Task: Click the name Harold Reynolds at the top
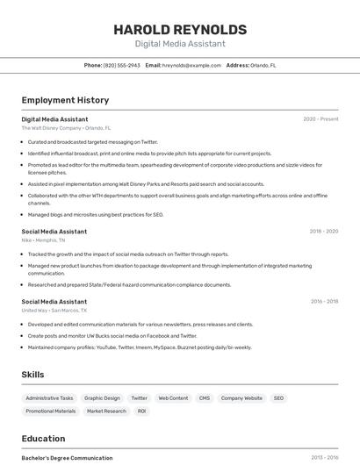tap(180, 29)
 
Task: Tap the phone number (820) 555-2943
tap(121, 65)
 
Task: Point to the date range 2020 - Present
tap(320, 118)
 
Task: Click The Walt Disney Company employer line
tap(66, 128)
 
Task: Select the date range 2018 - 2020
tap(323, 231)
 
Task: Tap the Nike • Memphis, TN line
tap(43, 240)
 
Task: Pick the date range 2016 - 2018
tap(324, 301)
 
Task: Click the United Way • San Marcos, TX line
tap(54, 310)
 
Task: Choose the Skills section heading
tap(32, 375)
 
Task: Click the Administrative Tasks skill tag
tap(49, 398)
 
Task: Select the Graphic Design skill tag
tap(102, 398)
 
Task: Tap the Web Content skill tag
tap(173, 398)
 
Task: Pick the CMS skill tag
tap(205, 398)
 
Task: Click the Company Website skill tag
tap(241, 398)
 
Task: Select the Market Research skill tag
tap(106, 411)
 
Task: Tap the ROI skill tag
tap(141, 411)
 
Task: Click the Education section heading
tap(43, 439)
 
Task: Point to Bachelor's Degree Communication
tap(67, 458)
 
